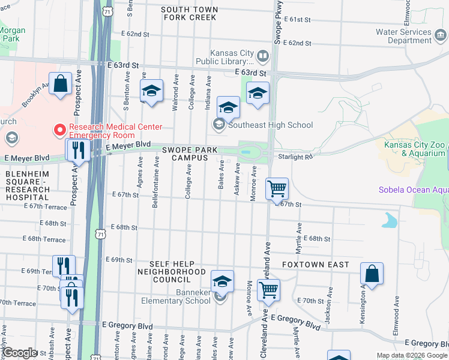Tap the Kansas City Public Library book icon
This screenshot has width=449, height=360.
(262, 57)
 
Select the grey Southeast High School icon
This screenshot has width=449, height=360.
(218, 125)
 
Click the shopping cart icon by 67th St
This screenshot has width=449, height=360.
(277, 188)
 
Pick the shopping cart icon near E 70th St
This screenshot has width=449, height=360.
(268, 290)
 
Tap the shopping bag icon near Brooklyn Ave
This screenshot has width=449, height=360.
(61, 84)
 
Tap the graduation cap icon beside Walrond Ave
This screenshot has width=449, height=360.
(151, 91)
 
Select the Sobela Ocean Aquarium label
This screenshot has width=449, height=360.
(414, 190)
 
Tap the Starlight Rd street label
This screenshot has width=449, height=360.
(296, 157)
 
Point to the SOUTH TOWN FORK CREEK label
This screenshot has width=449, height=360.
(188, 13)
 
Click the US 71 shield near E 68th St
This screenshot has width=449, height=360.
(102, 230)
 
